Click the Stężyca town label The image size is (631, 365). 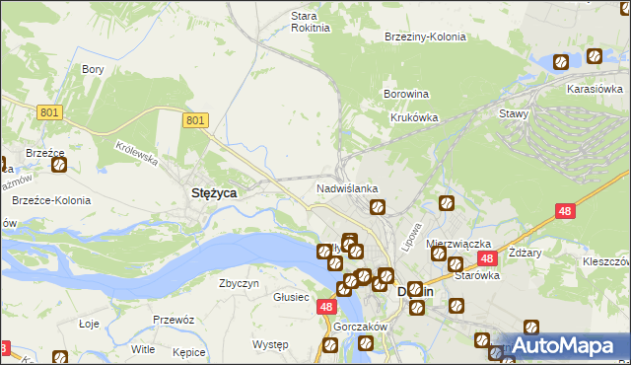212,193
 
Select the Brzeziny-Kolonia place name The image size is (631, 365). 425,36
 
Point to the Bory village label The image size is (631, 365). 94,69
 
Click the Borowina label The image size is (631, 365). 405,95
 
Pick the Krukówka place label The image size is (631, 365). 414,116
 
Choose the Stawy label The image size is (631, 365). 514,113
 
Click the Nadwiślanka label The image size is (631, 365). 347,187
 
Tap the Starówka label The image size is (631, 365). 477,276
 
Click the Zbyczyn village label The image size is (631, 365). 239,283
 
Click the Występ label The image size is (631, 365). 269,344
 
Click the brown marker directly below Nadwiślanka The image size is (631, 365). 377,207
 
